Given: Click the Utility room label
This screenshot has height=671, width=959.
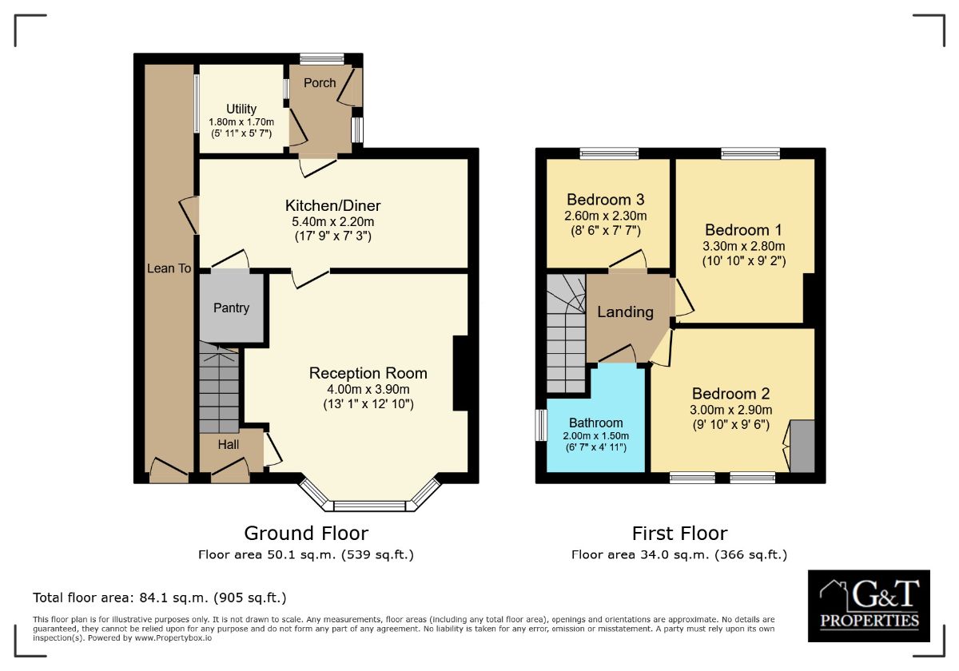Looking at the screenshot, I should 241,109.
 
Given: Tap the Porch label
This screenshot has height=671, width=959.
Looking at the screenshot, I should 320,83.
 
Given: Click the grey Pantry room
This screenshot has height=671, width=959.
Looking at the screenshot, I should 231,308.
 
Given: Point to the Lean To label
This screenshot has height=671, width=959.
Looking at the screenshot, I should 169,268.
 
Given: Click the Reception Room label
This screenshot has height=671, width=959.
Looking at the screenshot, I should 368,373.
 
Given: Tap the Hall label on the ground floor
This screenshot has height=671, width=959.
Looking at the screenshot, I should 229,444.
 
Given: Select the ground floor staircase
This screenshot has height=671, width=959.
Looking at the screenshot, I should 219,387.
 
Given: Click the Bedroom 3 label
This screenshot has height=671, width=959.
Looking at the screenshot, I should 606,200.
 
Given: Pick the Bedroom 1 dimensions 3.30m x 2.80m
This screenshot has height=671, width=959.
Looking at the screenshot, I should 743,246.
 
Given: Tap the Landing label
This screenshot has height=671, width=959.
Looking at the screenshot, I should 625,312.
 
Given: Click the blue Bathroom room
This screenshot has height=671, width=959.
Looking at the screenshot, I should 595,423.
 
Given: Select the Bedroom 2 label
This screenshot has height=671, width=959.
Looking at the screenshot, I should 730,394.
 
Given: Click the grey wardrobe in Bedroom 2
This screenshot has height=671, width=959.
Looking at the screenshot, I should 802,445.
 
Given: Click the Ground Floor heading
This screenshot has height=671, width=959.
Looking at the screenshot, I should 306,533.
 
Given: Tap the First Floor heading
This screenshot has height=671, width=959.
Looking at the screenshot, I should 679,533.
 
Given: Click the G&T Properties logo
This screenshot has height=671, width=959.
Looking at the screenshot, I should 869,605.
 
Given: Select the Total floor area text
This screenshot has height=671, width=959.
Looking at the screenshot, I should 159,598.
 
